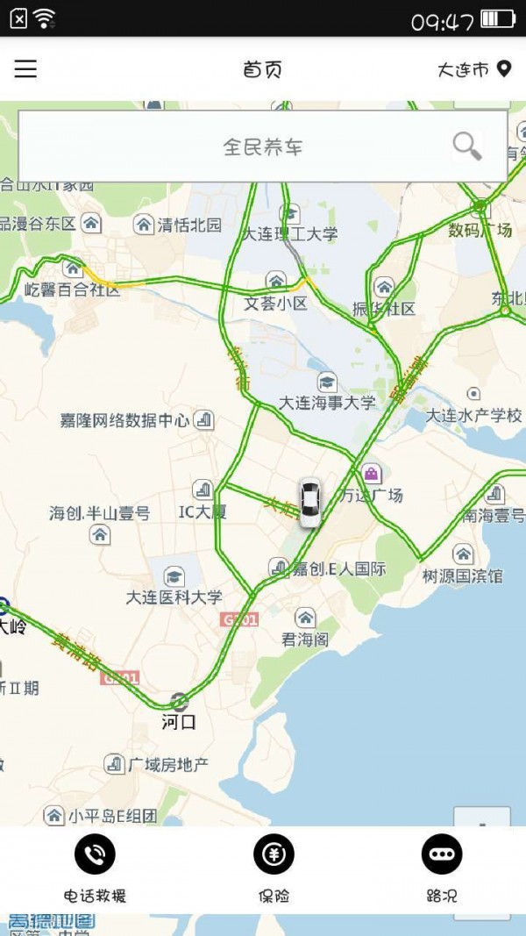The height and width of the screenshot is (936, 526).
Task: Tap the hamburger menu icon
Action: (25, 69)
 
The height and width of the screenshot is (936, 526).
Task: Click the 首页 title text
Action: (262, 69)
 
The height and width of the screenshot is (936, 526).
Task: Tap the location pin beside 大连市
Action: (503, 68)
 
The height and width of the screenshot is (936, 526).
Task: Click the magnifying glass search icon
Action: (467, 146)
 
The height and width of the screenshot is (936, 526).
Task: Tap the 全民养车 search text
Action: (262, 146)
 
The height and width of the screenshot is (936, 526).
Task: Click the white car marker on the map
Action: (309, 503)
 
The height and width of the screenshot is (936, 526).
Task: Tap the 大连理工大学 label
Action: (290, 234)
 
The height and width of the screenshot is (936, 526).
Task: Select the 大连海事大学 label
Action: (327, 403)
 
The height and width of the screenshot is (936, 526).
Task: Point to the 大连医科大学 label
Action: (174, 597)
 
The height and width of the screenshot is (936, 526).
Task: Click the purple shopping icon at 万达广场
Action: (372, 474)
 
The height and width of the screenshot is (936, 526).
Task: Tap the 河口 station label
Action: (179, 722)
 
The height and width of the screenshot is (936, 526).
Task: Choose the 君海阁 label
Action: (305, 639)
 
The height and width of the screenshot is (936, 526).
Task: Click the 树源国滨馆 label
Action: (463, 575)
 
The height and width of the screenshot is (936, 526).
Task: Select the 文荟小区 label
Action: (276, 304)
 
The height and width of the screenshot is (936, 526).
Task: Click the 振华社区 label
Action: (383, 308)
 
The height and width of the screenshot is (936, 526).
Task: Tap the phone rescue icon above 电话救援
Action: (95, 854)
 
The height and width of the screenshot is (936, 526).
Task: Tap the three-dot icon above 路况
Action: (441, 854)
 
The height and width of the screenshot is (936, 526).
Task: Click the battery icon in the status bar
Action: (498, 18)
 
